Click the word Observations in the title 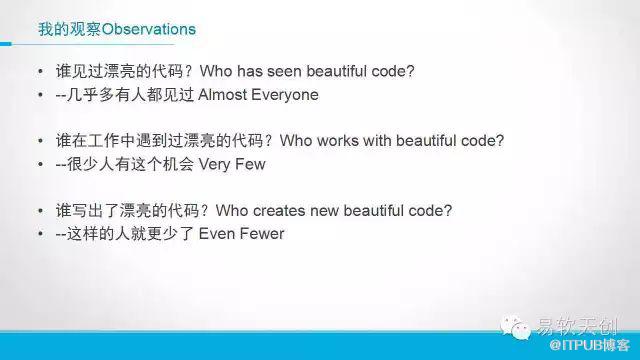coord(149,29)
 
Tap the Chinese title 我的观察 coord(69,29)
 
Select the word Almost coord(223,95)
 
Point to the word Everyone coord(285,95)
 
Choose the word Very coord(214,164)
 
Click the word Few coord(250,164)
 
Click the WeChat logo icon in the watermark coord(516,327)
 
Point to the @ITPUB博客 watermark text coord(590,346)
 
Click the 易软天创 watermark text coord(577,326)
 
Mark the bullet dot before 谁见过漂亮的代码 coord(40,72)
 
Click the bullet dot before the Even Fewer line coord(40,234)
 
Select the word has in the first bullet coord(250,71)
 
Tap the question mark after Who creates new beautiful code coord(448,211)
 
